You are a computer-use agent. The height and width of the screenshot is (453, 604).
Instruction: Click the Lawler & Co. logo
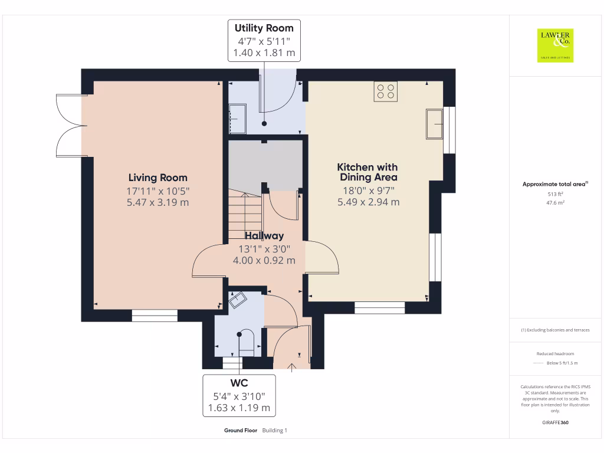tap(554, 45)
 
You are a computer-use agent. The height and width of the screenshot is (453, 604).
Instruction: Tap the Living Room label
tap(157, 178)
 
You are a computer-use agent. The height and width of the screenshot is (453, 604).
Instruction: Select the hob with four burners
tap(386, 91)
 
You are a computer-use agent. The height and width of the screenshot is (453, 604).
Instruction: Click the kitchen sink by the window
tap(435, 124)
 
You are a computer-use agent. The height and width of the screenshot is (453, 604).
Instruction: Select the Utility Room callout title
tap(264, 28)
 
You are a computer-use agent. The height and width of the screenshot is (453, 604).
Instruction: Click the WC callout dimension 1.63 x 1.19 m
tap(239, 407)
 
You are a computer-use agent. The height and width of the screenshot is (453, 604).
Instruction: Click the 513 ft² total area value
tap(554, 193)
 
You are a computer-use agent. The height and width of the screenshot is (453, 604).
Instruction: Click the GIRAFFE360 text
tap(554, 422)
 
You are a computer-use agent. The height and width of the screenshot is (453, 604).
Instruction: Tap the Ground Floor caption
tap(240, 431)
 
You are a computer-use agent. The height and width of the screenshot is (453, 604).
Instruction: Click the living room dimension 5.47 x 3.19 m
tap(157, 202)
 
